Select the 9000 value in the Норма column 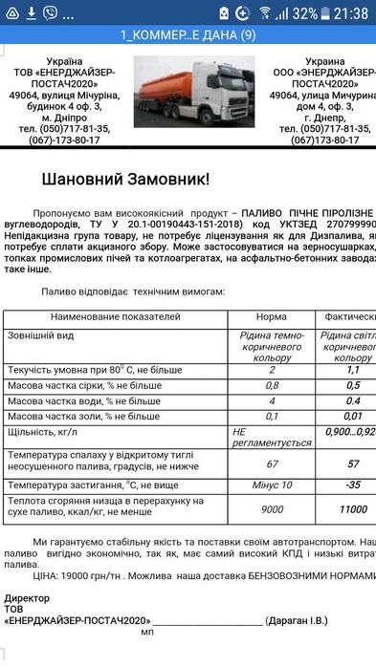point(272,508)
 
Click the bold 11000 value point(352,508)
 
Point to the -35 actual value point(352,485)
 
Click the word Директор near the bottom point(29,597)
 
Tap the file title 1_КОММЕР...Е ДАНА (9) point(188,35)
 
